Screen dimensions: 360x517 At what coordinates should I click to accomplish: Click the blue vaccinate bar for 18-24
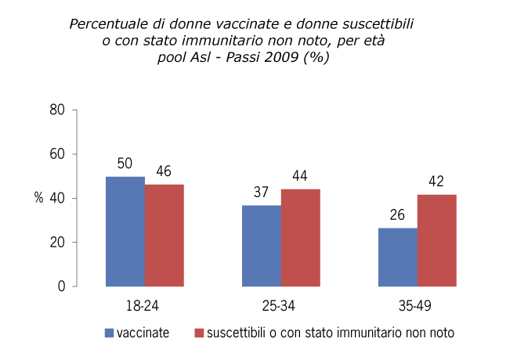tap(125, 232)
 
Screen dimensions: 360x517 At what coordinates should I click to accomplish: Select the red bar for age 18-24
tap(164, 235)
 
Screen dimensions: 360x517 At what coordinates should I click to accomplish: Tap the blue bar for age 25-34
tap(261, 246)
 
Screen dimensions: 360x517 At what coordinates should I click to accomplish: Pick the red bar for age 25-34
tap(300, 238)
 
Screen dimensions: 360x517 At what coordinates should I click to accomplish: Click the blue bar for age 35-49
tap(397, 257)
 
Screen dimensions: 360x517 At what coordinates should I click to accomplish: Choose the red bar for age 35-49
tap(436, 240)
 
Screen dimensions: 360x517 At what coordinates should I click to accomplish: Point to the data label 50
tap(125, 164)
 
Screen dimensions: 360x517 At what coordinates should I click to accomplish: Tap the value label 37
tap(261, 193)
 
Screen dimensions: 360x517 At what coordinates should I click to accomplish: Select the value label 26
tap(397, 215)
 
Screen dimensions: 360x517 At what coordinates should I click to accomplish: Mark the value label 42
tap(436, 182)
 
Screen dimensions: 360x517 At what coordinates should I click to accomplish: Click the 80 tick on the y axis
tap(56, 110)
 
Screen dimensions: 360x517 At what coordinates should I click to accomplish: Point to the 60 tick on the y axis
tap(56, 154)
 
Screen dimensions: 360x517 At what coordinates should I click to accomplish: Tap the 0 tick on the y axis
tap(60, 286)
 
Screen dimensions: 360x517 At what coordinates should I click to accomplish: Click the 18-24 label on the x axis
tap(145, 304)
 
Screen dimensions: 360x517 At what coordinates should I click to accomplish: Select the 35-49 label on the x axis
tap(417, 304)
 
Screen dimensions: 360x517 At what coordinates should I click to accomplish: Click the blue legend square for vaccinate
tap(110, 333)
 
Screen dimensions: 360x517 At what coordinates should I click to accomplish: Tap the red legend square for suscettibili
tap(199, 333)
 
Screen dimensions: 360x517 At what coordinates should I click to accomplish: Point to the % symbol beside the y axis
tap(38, 198)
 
